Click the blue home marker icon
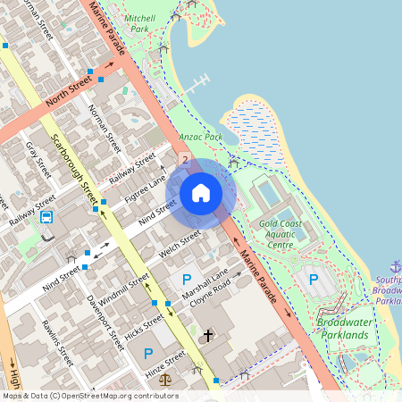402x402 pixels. tap(201, 193)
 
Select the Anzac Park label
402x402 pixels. tap(200, 137)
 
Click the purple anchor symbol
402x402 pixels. tap(396, 266)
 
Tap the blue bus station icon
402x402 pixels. tap(46, 216)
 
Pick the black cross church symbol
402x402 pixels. tap(208, 336)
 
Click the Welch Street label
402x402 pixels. tap(180, 243)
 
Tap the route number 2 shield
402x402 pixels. tap(185, 160)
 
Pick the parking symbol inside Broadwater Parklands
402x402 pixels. tap(314, 280)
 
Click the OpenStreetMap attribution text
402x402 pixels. tap(90, 395)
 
